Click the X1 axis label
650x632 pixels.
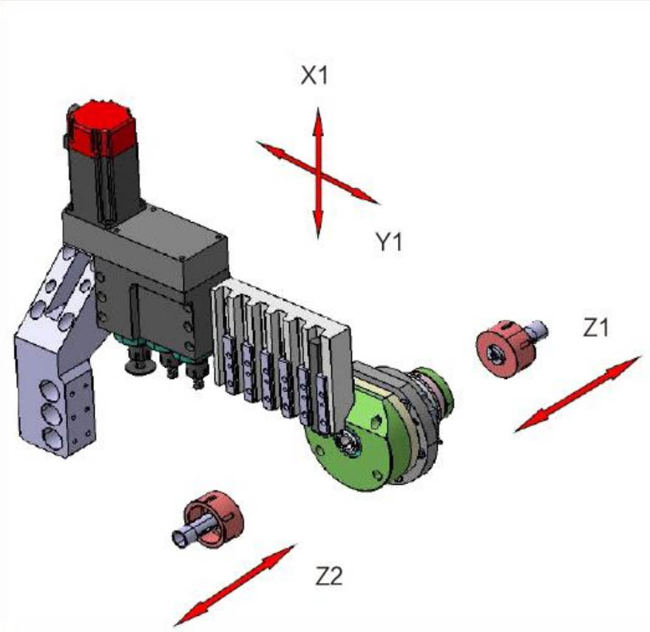[314, 75]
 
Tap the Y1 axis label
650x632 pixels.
[388, 241]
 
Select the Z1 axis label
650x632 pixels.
[596, 327]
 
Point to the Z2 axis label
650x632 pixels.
[329, 576]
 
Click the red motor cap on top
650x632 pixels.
[101, 125]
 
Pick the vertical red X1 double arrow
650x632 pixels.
[318, 172]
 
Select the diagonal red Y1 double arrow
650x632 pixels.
[318, 172]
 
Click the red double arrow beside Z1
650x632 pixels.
[578, 394]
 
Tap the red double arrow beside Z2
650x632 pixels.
[234, 585]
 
